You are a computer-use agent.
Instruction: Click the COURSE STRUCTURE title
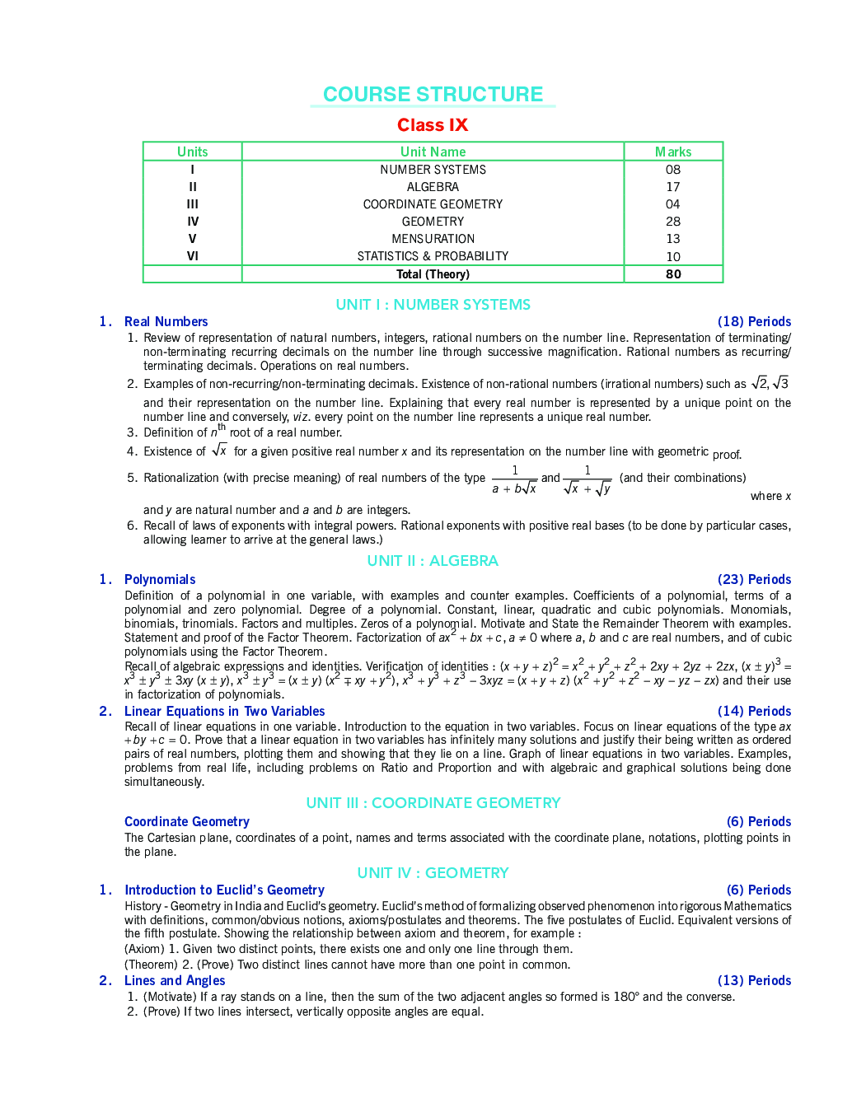pyautogui.click(x=433, y=95)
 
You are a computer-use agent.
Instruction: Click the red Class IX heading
pyautogui.click(x=433, y=125)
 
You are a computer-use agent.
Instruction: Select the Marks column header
pyautogui.click(x=673, y=152)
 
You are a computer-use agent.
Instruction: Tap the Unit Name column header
pyautogui.click(x=433, y=152)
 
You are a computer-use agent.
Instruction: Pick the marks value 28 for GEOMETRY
pyautogui.click(x=673, y=222)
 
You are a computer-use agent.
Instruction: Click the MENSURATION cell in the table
pyautogui.click(x=433, y=239)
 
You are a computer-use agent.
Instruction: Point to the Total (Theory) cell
pyautogui.click(x=433, y=274)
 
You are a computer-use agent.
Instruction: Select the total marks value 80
pyautogui.click(x=673, y=274)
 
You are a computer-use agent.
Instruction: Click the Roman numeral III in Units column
pyautogui.click(x=192, y=204)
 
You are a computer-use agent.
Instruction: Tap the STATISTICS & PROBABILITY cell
pyautogui.click(x=433, y=256)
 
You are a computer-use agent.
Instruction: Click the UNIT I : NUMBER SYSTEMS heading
pyautogui.click(x=433, y=305)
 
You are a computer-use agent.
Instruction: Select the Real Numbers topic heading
pyautogui.click(x=166, y=322)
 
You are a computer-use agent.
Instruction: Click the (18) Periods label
pyautogui.click(x=754, y=322)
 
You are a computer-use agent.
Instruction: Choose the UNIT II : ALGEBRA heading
pyautogui.click(x=433, y=561)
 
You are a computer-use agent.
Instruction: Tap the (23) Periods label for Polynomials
pyautogui.click(x=754, y=580)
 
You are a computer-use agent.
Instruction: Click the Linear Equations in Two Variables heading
pyautogui.click(x=224, y=712)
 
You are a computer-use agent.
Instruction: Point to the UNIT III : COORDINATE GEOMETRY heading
pyautogui.click(x=433, y=803)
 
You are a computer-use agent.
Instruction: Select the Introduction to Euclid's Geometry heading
pyautogui.click(x=224, y=890)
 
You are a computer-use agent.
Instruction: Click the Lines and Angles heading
pyautogui.click(x=175, y=981)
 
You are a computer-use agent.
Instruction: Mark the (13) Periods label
pyautogui.click(x=754, y=981)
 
